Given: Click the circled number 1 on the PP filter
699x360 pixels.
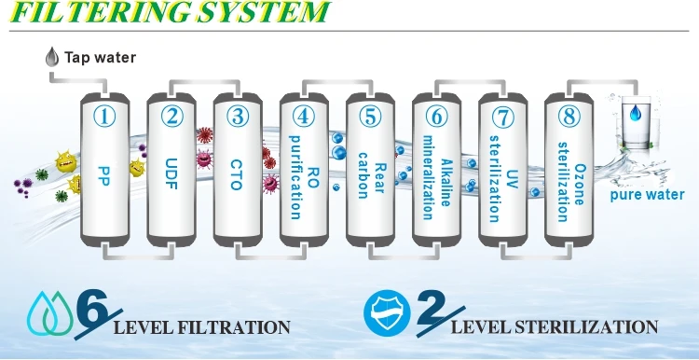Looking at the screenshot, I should point(106,118).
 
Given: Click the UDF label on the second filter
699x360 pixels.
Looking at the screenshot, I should point(172,173).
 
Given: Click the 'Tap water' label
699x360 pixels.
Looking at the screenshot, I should point(100,58).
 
